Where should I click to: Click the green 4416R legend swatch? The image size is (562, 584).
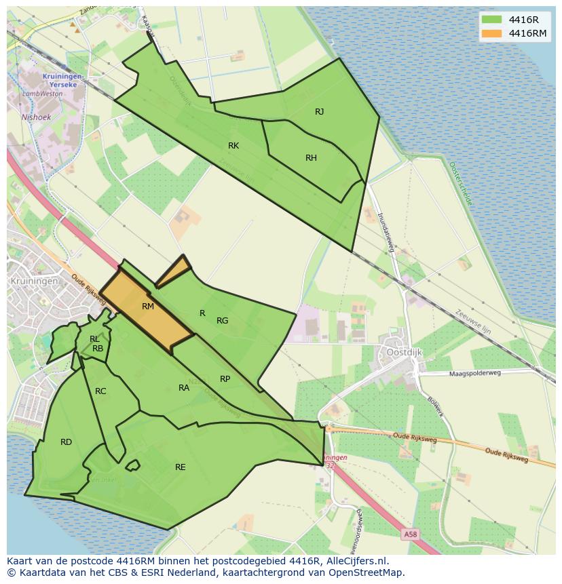492,20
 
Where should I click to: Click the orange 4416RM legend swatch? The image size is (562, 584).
492,33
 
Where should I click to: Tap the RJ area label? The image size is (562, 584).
319,112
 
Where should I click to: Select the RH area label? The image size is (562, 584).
311,158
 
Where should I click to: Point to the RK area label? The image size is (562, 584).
233,146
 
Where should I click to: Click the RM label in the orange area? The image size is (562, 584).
148,307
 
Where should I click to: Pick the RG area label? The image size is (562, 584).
222,321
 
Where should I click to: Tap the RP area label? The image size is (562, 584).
225,379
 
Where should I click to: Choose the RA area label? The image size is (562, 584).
184,388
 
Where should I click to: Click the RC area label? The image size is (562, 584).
100,391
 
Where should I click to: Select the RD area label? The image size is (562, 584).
66,442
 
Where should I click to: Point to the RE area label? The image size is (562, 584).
180,467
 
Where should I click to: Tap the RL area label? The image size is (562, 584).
94,338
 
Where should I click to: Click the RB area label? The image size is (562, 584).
98,349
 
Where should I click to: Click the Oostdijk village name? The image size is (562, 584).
405,352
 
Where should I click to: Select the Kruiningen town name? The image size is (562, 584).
32,280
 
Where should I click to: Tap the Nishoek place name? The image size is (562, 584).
36,117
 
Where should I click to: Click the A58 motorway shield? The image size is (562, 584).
411,534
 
